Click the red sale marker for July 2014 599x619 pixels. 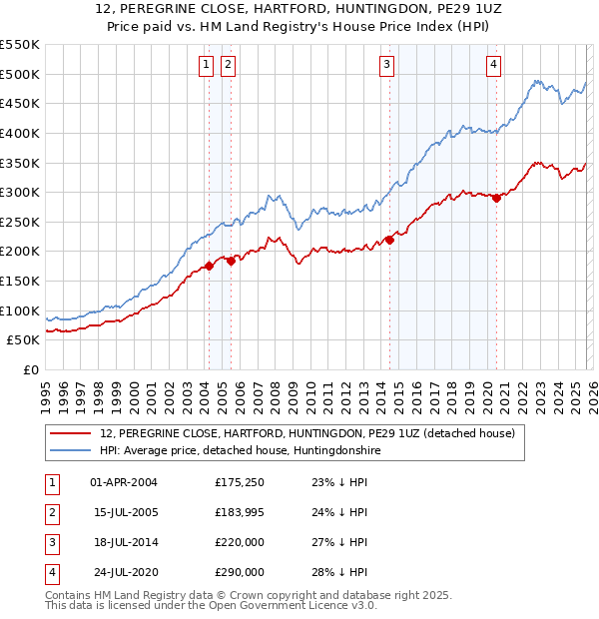click(x=390, y=239)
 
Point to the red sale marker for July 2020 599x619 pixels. click(x=496, y=198)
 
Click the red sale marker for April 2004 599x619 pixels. click(x=209, y=266)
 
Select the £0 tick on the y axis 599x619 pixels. click(x=30, y=369)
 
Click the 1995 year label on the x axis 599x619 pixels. click(x=46, y=389)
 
